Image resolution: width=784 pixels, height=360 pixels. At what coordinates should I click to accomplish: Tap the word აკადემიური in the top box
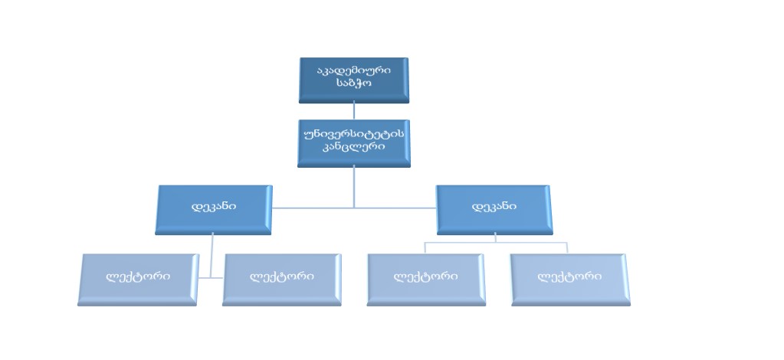353,70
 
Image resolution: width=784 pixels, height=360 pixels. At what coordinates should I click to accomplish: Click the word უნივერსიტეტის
353,134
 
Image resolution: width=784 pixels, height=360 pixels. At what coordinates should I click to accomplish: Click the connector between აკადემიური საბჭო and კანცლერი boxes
353,111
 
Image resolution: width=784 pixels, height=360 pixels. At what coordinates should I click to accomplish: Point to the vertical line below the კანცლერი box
353,186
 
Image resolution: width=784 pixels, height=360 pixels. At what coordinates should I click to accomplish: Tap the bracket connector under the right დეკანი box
495,243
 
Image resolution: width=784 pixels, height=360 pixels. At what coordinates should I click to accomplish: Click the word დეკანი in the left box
214,206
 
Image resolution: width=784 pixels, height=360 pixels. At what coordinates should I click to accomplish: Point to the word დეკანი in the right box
494,206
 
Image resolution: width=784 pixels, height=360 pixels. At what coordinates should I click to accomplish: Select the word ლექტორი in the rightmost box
569,277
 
